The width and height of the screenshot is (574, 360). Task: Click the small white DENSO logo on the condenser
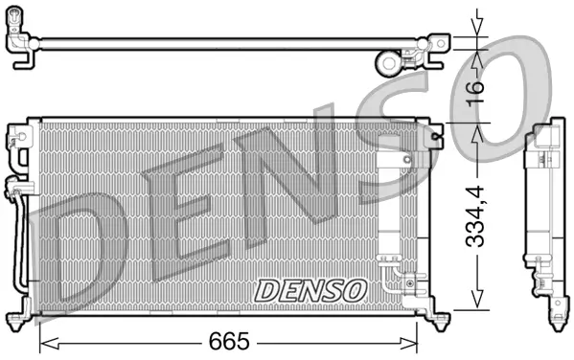(x=310, y=287)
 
